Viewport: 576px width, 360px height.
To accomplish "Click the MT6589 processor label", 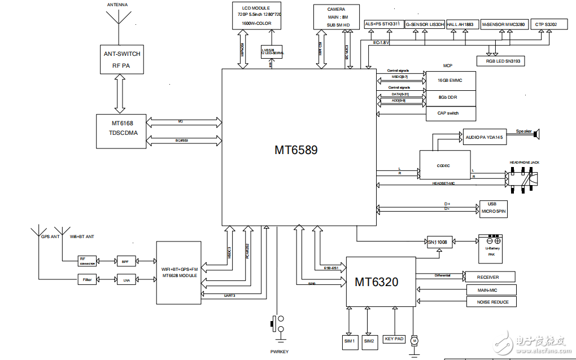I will tap(296, 150).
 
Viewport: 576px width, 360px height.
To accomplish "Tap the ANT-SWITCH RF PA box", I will tap(122, 59).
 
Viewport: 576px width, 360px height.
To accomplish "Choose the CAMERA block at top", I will tap(336, 17).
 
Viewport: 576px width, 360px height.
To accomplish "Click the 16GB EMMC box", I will tap(450, 81).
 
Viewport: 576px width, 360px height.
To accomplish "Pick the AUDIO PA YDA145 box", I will tap(485, 138).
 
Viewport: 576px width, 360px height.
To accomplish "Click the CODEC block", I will tap(444, 166).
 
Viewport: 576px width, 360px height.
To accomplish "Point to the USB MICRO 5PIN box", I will tap(493, 208).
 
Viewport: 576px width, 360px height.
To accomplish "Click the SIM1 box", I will tap(349, 341).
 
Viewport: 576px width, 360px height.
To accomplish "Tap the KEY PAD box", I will tap(394, 339).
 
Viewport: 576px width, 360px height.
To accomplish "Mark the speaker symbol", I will tap(538, 134).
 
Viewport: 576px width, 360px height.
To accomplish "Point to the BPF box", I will tap(125, 262).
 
